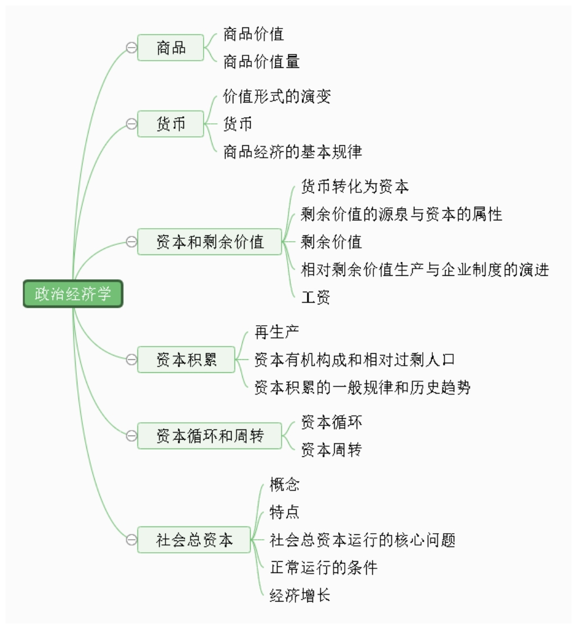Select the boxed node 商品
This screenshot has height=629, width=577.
pos(170,48)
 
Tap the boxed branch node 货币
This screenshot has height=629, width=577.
pos(170,124)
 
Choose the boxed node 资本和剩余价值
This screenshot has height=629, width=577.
pos(210,242)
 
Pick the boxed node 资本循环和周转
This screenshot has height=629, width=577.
pos(210,436)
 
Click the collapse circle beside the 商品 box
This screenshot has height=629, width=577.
pos(131,48)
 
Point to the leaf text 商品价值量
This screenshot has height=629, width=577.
pos(261,62)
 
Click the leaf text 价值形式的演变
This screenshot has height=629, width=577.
pos(277,96)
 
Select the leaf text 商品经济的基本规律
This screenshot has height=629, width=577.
pos(293,151)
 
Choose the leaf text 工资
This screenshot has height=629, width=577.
pos(315,297)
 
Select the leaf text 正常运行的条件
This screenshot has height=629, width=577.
pos(324,567)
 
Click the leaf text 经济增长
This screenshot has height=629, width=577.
pos(300,595)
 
